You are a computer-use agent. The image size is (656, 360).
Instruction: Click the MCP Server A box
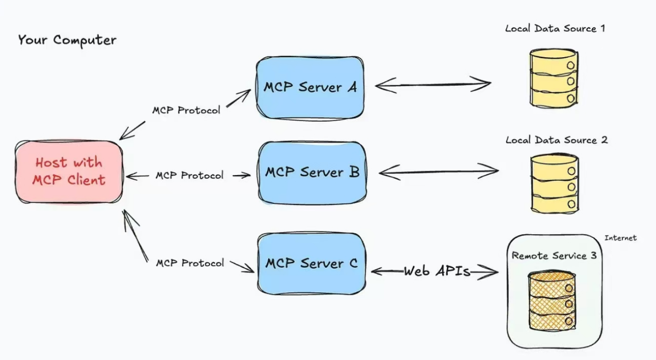310,88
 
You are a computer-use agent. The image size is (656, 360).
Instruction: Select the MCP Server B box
312,172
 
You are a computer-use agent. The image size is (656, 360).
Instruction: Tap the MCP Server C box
312,263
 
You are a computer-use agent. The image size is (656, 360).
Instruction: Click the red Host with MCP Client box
70,171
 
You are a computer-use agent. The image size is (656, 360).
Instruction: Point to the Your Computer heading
67,40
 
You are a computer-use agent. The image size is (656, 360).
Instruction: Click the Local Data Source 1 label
555,28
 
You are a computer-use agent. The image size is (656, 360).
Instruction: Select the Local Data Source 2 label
556,140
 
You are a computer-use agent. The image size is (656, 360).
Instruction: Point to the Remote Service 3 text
554,256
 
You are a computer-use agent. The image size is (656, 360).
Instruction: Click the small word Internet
620,238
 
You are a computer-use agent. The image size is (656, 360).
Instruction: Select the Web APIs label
437,272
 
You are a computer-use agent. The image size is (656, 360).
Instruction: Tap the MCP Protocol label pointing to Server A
186,110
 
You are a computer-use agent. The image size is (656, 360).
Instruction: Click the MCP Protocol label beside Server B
189,176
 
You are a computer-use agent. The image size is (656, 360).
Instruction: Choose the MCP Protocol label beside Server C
190,263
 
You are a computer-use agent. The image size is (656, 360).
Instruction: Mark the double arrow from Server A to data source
433,85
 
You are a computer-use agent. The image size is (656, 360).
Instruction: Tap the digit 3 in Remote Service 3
593,256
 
